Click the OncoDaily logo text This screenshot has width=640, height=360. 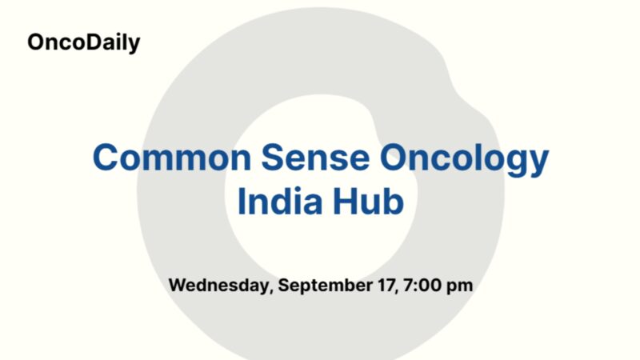[83, 42]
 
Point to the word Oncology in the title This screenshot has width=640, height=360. [464, 159]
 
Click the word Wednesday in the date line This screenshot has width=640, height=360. [218, 286]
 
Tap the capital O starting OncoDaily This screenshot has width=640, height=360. [36, 42]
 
